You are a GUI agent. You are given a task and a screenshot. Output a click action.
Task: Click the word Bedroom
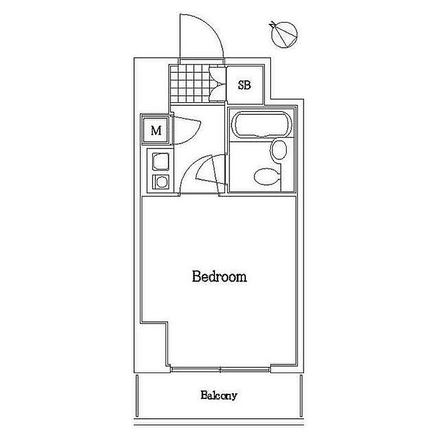[219, 277]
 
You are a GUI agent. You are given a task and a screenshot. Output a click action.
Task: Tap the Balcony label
[219, 396]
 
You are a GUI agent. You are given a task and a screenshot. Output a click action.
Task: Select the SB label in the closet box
[244, 85]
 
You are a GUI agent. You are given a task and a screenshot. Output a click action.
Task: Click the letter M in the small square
[157, 131]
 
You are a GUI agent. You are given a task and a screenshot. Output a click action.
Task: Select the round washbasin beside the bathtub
[278, 150]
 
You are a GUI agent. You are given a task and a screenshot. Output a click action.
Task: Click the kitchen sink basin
[161, 162]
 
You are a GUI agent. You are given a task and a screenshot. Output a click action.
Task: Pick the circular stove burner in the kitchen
[161, 182]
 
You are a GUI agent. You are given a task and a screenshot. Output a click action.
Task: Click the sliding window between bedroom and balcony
[219, 369]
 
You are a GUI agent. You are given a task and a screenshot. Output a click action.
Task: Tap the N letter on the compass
[272, 26]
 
